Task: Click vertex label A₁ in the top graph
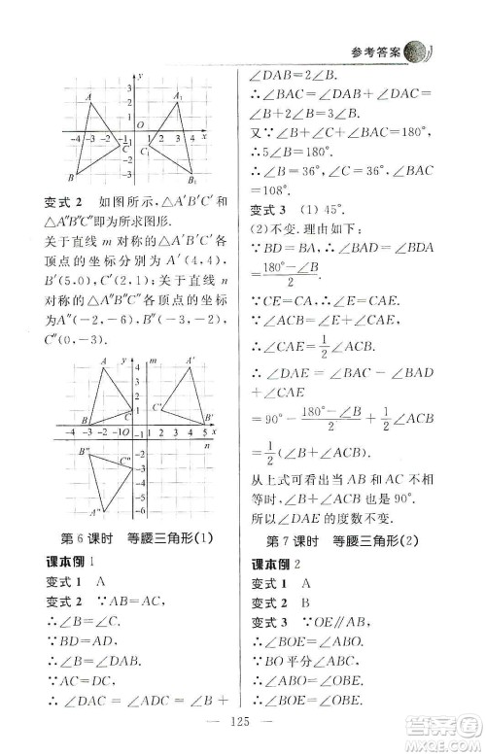179,96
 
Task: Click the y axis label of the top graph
141,76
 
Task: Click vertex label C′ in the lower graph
157,406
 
